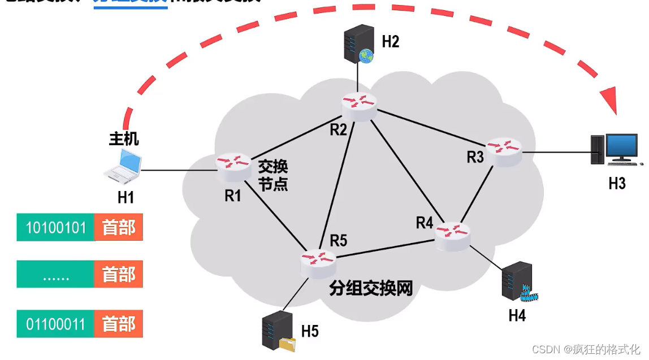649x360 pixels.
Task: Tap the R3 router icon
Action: (x=504, y=150)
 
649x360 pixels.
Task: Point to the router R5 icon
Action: (x=318, y=262)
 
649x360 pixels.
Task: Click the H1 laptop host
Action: (x=124, y=167)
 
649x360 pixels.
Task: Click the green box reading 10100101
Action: (x=56, y=227)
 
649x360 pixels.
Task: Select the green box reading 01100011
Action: (x=56, y=324)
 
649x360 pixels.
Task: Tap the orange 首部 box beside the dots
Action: (x=119, y=275)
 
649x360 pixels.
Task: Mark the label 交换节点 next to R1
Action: (x=273, y=175)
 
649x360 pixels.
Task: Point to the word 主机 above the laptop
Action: (x=124, y=138)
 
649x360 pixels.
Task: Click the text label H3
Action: (x=617, y=184)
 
